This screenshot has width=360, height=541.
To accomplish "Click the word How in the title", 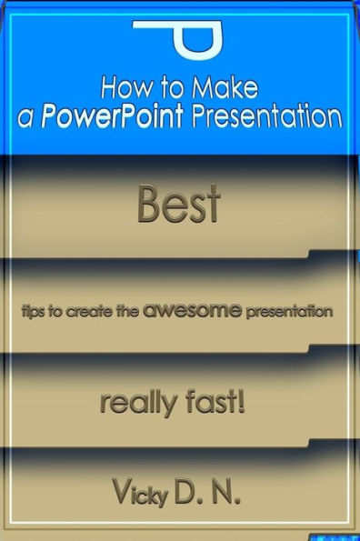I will pos(121,89).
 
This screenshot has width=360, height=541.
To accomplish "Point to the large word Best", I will pos(178,205).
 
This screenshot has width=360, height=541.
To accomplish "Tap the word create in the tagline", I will pos(95,311).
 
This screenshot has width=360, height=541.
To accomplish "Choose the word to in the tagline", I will pos(64,311).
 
